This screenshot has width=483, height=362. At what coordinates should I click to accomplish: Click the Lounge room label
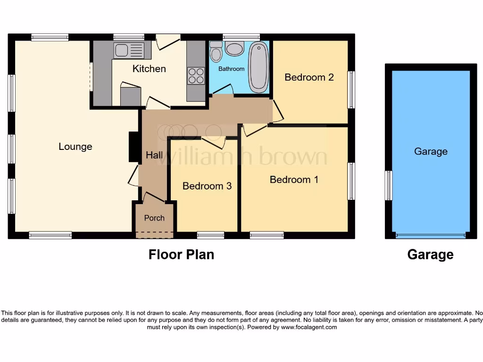coord(75,147)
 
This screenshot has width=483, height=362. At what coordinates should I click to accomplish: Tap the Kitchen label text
coord(149,69)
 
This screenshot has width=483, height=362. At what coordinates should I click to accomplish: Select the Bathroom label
coord(231,69)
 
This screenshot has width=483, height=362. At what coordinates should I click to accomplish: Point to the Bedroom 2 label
coord(309,77)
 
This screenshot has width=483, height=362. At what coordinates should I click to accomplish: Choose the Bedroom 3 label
coord(207,186)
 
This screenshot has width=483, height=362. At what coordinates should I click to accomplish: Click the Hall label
coord(154,155)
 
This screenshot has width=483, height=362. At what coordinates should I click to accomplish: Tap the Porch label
coord(154,218)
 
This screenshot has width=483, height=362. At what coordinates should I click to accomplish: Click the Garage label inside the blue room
coord(431,151)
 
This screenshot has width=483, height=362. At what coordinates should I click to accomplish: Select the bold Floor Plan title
coord(181,255)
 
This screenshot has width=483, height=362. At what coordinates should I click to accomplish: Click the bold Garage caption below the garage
coord(430,255)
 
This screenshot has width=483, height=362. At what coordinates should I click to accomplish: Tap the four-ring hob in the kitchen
coord(196,76)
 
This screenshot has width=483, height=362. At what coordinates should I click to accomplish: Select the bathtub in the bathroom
coord(258,67)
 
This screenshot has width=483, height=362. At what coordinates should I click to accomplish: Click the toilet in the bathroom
coord(216,52)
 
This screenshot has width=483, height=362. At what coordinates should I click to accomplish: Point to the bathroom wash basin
coord(234,48)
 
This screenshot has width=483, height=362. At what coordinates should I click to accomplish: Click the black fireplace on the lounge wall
coord(133,148)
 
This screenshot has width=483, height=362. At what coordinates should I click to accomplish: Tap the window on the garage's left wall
coord(388,185)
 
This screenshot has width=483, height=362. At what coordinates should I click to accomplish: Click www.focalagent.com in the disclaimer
coord(308,327)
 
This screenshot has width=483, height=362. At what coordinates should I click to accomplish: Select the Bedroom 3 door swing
coord(214,143)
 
